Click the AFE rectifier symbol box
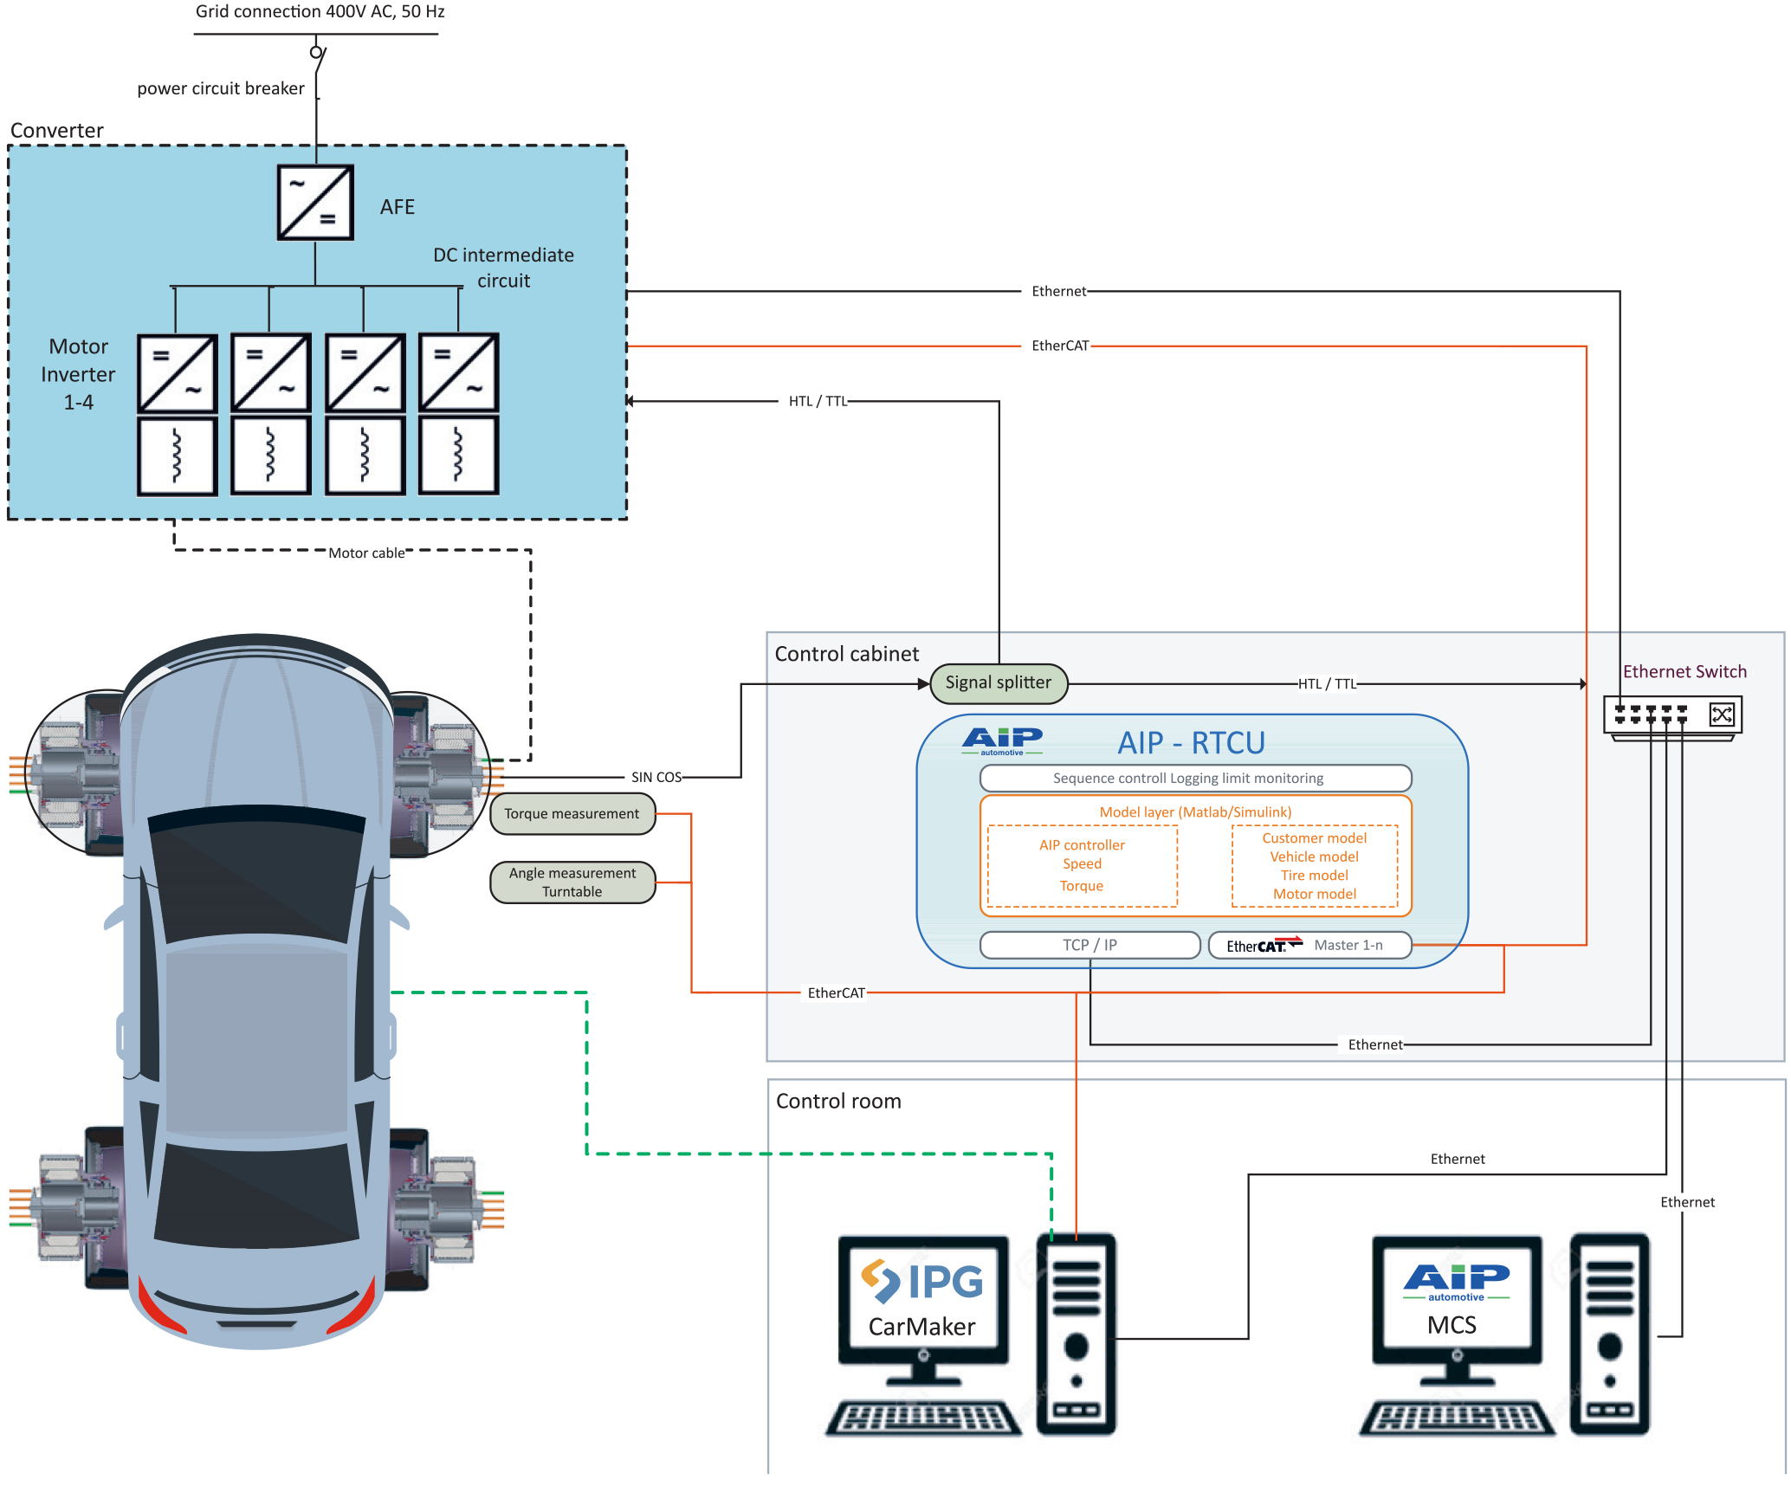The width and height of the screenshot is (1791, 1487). (315, 203)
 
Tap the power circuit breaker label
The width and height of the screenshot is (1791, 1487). (221, 88)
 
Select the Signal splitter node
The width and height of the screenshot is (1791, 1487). (998, 682)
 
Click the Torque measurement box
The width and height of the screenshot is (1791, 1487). (572, 814)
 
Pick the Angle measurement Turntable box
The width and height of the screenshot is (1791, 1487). (572, 883)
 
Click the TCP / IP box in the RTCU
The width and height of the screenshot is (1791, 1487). (1089, 945)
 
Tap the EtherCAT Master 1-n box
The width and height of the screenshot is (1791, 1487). (1309, 945)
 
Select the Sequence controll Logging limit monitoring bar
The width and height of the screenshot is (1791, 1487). (1195, 778)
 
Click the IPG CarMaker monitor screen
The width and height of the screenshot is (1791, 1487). (923, 1296)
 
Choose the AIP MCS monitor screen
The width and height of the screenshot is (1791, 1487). (1457, 1296)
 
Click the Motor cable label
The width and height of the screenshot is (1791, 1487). (366, 553)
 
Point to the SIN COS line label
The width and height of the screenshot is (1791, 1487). (656, 777)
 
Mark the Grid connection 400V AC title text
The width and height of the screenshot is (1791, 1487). (320, 11)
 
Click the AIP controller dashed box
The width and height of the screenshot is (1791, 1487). (1082, 865)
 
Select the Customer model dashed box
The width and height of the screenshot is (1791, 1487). (1314, 865)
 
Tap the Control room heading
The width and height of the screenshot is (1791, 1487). (838, 1101)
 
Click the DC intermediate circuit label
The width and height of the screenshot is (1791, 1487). (503, 268)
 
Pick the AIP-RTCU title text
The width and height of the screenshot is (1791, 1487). (1191, 743)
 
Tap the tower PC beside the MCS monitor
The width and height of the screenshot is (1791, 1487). (1609, 1334)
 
